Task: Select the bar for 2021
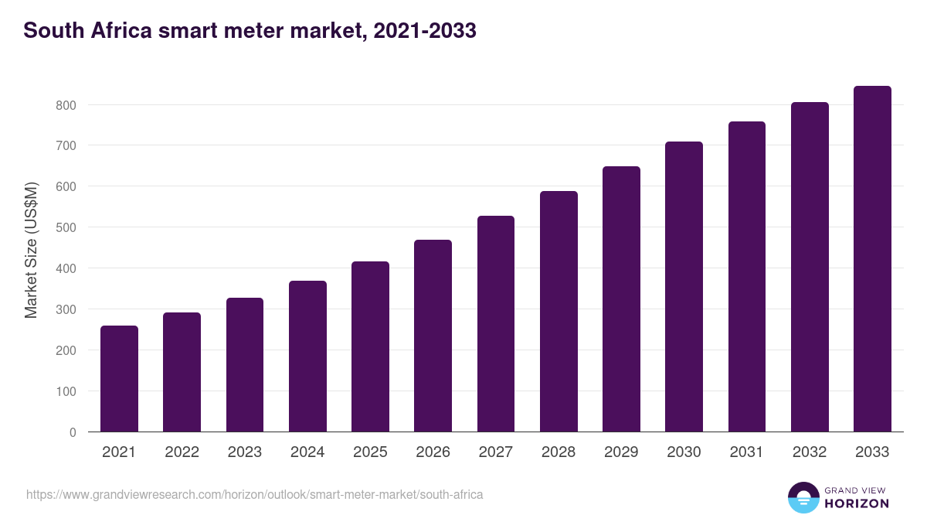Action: click(x=119, y=379)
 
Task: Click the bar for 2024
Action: click(x=307, y=357)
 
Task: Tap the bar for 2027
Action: click(x=495, y=324)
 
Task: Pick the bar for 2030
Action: click(x=684, y=287)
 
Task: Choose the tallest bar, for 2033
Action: click(x=872, y=259)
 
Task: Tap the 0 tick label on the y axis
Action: click(x=73, y=432)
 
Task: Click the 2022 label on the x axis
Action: click(x=182, y=452)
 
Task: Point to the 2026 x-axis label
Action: click(x=433, y=452)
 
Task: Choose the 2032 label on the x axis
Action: click(x=810, y=452)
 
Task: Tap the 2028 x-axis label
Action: click(x=559, y=452)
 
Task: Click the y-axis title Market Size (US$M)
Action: click(x=31, y=251)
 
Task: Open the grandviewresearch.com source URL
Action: click(x=255, y=494)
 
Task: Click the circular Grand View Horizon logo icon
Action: click(x=803, y=497)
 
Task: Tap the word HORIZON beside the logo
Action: click(x=857, y=503)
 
